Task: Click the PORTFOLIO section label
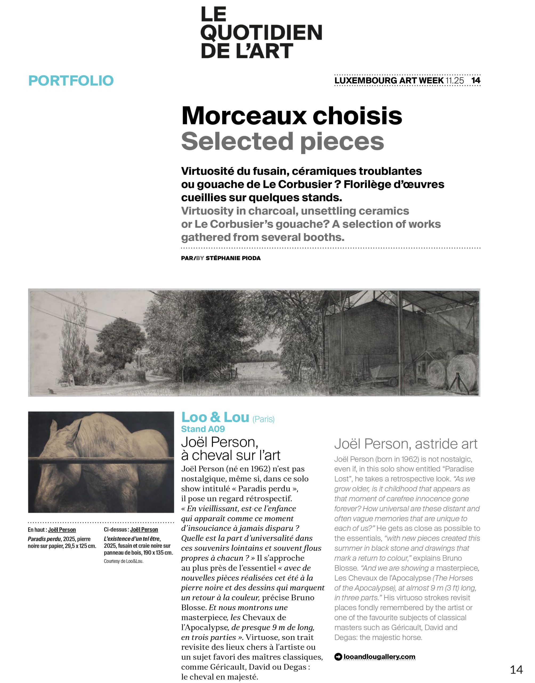coord(71,81)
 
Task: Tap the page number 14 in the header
coord(476,80)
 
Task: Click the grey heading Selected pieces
coord(282,141)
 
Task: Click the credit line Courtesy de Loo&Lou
coord(123,561)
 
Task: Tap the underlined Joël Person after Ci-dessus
coord(144,530)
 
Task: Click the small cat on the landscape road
coord(50,391)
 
